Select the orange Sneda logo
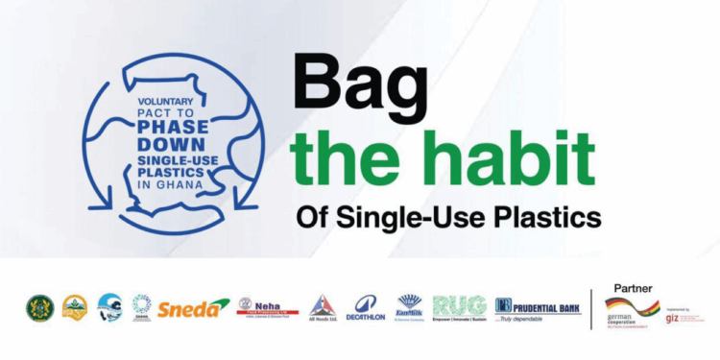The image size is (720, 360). click(x=194, y=307)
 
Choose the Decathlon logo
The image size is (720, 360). click(x=366, y=307)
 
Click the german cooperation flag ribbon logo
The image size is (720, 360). click(x=628, y=309)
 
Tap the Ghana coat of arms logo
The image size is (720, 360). click(x=39, y=307)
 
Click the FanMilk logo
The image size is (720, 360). click(x=410, y=306)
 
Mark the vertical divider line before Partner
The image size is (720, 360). click(x=590, y=307)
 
